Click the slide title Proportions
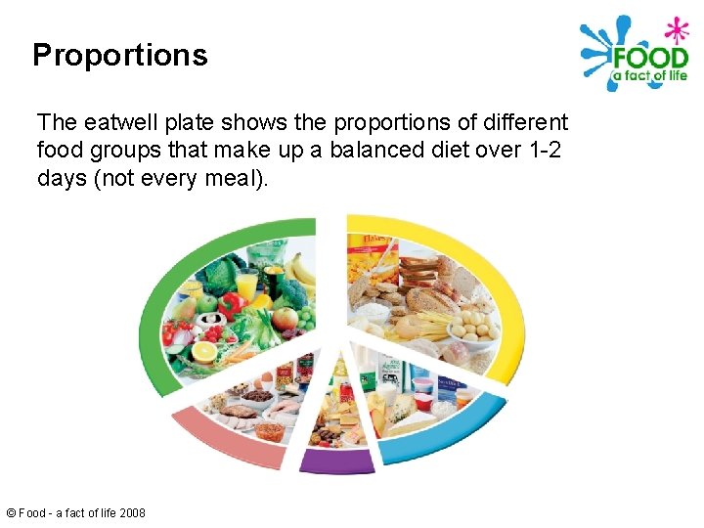click(119, 55)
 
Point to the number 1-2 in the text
click(544, 152)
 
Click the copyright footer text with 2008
click(76, 512)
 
